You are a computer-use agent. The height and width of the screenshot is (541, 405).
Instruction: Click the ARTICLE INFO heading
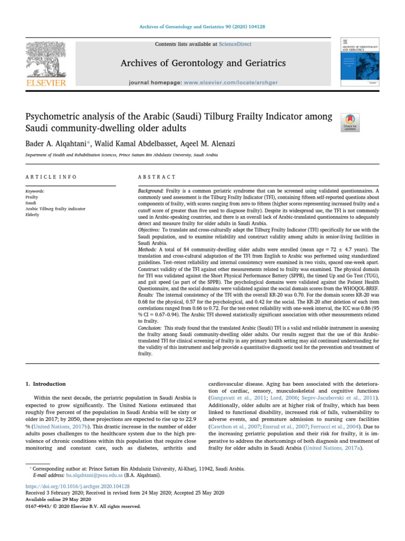click(51, 177)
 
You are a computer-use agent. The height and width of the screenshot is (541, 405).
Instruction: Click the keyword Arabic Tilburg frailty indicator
click(55, 209)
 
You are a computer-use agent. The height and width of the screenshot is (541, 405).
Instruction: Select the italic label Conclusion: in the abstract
click(150, 328)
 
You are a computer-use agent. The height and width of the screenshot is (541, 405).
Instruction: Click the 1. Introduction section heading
click(46, 384)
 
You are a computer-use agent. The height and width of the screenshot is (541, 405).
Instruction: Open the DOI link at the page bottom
click(78, 486)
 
